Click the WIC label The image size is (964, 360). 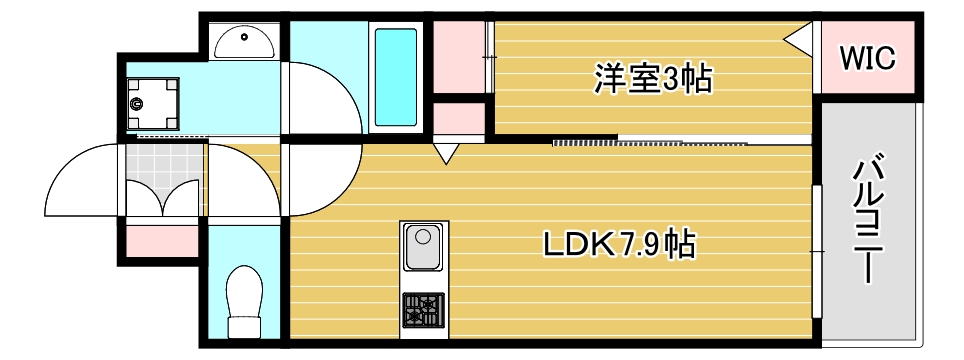(x=866, y=59)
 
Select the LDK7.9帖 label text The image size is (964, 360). (x=619, y=243)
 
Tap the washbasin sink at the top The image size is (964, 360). (x=244, y=42)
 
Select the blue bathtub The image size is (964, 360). (x=395, y=76)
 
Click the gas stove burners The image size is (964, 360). (x=424, y=309)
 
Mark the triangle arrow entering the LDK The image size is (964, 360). (x=446, y=153)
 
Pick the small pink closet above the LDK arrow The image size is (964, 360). (x=458, y=117)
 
